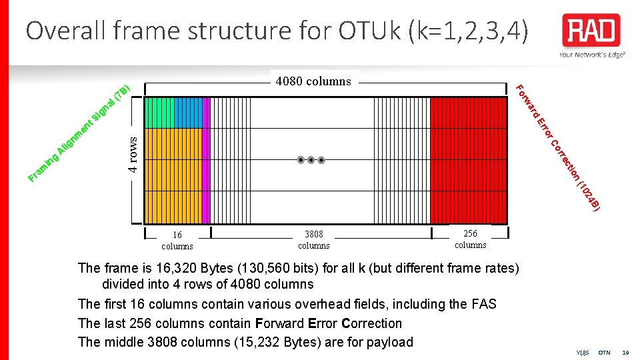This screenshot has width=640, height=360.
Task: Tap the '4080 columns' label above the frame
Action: [313, 81]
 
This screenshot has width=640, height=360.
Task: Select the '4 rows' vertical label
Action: [133, 155]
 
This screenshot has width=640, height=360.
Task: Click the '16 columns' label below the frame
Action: [177, 240]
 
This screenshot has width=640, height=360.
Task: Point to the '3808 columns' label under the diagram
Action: [314, 240]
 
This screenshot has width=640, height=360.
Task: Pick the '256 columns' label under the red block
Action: [471, 239]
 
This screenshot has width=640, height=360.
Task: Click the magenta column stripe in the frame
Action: [207, 160]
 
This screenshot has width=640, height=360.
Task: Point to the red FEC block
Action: [469, 160]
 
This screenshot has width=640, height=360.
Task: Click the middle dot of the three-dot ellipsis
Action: [311, 160]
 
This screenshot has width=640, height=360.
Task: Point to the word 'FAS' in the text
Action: [483, 304]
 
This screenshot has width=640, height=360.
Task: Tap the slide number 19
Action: [625, 352]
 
